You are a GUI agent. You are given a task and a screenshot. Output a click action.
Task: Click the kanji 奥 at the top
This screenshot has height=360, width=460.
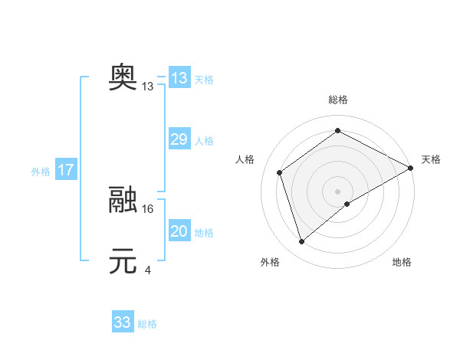(123, 77)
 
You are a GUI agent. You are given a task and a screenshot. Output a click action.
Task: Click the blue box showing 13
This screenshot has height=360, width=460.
(179, 78)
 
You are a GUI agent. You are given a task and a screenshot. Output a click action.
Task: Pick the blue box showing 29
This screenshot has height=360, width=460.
(179, 139)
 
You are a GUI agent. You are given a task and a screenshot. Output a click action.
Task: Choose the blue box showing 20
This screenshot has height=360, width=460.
(179, 231)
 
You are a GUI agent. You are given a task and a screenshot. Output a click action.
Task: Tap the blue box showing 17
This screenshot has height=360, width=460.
(66, 170)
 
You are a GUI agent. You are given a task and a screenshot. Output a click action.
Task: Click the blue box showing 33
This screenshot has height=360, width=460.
(123, 322)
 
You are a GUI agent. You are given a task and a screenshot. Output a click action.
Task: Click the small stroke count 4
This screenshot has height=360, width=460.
(147, 270)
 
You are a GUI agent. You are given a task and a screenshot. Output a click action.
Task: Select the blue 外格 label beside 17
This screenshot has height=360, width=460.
(41, 172)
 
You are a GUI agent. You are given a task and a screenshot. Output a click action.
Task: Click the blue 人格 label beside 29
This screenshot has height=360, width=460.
(204, 141)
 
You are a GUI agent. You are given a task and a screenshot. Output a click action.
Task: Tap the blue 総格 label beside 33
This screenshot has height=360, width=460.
(147, 324)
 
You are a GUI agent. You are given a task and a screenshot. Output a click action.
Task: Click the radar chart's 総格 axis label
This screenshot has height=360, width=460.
(337, 100)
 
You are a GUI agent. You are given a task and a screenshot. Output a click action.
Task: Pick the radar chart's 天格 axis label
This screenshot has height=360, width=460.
(431, 159)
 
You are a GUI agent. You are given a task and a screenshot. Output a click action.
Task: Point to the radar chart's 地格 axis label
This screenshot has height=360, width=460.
(402, 263)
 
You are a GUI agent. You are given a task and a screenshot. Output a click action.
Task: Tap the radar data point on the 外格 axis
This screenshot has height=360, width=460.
(302, 242)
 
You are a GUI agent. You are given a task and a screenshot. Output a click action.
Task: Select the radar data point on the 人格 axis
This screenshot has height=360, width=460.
(280, 172)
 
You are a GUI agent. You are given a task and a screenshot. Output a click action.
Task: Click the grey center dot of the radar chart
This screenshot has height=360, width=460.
(337, 191)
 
